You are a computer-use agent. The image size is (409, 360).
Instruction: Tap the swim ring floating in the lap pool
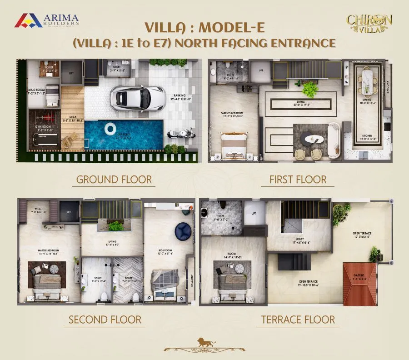pyautogui.click(x=110, y=130)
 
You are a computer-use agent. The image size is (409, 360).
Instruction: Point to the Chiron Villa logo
pyautogui.click(x=369, y=23)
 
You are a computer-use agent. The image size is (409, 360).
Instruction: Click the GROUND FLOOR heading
pyautogui.click(x=114, y=180)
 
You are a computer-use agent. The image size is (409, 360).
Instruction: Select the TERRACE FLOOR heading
pyautogui.click(x=298, y=320)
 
